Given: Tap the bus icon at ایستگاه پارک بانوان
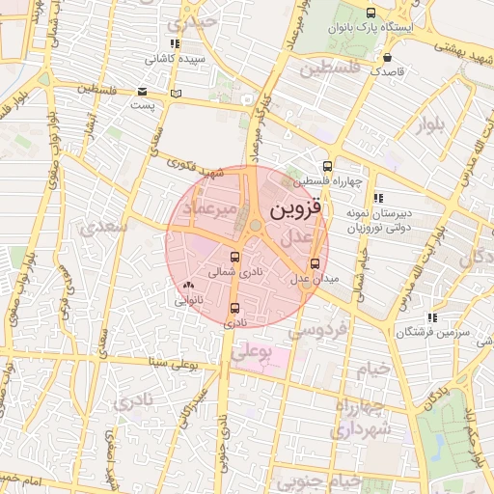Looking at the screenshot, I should (x=371, y=13).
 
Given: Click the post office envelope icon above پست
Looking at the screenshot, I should (x=143, y=92).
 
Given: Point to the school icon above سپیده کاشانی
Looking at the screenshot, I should (x=174, y=44).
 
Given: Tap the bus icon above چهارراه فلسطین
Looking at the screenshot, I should (x=327, y=165).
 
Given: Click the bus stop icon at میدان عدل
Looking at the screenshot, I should (x=315, y=263).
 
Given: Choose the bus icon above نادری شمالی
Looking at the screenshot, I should (x=235, y=258).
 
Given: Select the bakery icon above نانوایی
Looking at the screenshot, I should (x=187, y=286).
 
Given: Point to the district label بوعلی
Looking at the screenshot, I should (x=249, y=354).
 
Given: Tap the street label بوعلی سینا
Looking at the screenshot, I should (x=174, y=366).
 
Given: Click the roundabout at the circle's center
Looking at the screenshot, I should (x=256, y=226).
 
